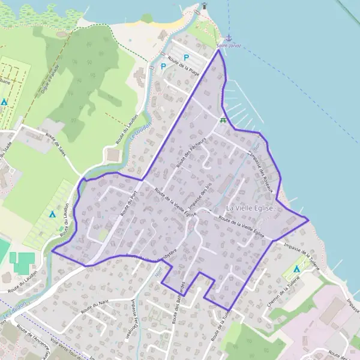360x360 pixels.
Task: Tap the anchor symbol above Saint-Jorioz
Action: coord(228,38)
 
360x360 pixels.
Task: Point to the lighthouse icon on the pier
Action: coord(204,6)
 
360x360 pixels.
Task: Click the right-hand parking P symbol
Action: coord(186,58)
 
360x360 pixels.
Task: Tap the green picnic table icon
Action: coord(223,121)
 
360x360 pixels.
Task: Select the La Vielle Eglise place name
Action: coord(250,208)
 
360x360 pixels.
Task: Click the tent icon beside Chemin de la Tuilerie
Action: coord(298,268)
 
